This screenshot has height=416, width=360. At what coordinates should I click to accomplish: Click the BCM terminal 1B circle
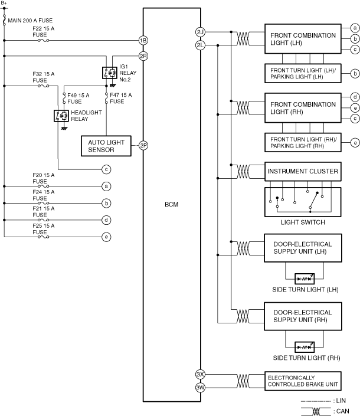pyautogui.click(x=143, y=40)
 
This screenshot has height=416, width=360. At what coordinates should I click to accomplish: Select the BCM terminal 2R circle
pyautogui.click(x=143, y=56)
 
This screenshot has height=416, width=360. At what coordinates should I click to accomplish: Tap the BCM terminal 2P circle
pyautogui.click(x=143, y=145)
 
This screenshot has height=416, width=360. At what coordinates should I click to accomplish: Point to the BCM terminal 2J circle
pyautogui.click(x=200, y=32)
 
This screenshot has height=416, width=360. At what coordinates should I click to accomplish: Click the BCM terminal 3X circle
pyautogui.click(x=200, y=374)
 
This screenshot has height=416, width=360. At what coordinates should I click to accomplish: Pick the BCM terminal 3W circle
pyautogui.click(x=200, y=387)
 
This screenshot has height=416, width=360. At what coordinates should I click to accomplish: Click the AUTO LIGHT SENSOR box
pyautogui.click(x=106, y=146)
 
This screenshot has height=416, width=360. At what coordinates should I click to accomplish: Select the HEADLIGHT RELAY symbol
pyautogui.click(x=61, y=116)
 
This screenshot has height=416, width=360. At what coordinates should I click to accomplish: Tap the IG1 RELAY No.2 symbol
pyautogui.click(x=110, y=73)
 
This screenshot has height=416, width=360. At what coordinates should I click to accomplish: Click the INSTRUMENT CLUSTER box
pyautogui.click(x=303, y=171)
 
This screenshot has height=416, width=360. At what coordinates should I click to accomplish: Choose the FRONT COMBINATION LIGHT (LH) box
pyautogui.click(x=303, y=39)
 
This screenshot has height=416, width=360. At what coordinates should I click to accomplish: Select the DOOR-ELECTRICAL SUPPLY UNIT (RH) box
pyautogui.click(x=303, y=316)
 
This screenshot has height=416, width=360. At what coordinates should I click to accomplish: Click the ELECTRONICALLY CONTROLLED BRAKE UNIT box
pyautogui.click(x=303, y=381)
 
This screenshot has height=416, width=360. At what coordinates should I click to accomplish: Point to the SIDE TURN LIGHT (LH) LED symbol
pyautogui.click(x=305, y=279)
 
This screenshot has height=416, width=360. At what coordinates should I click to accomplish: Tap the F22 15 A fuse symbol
pyautogui.click(x=43, y=40)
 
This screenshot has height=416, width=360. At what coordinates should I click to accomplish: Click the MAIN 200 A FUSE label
pyautogui.click(x=30, y=21)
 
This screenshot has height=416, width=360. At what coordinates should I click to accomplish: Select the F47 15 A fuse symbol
pyautogui.click(x=106, y=98)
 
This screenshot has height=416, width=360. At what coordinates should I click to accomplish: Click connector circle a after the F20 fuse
pyautogui.click(x=106, y=186)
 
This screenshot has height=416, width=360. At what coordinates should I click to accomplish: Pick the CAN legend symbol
pyautogui.click(x=316, y=411)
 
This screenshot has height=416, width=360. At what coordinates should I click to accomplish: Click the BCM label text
pyautogui.click(x=172, y=204)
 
